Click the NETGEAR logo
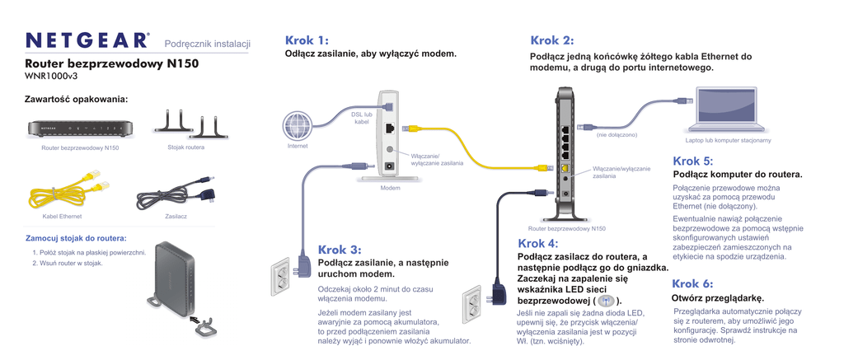pos(87,41)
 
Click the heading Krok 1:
pos(307,40)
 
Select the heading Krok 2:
pos(552,40)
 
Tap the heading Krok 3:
pos(340,250)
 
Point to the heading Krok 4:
pos(538,243)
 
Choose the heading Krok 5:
pos(693,161)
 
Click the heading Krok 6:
pos(693,284)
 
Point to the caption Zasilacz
pos(176,216)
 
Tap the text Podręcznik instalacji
pos(207,43)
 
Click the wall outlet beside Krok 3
pos(283,276)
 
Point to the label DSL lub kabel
pos(363,118)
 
